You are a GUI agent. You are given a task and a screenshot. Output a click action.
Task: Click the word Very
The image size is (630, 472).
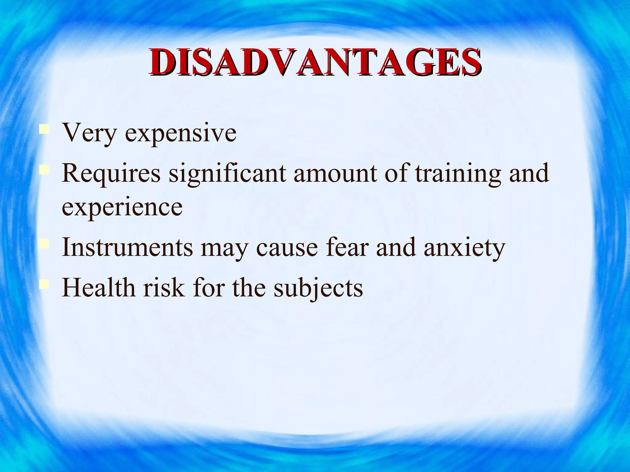(89, 133)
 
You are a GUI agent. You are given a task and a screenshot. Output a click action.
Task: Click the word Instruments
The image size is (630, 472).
(127, 247)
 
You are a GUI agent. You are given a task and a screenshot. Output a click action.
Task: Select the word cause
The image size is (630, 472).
(287, 248)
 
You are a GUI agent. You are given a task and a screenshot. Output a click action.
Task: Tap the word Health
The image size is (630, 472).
(98, 288)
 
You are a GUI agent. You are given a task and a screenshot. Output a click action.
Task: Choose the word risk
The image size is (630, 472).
(164, 288)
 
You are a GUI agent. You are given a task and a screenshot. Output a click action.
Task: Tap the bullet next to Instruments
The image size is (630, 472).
(44, 243)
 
